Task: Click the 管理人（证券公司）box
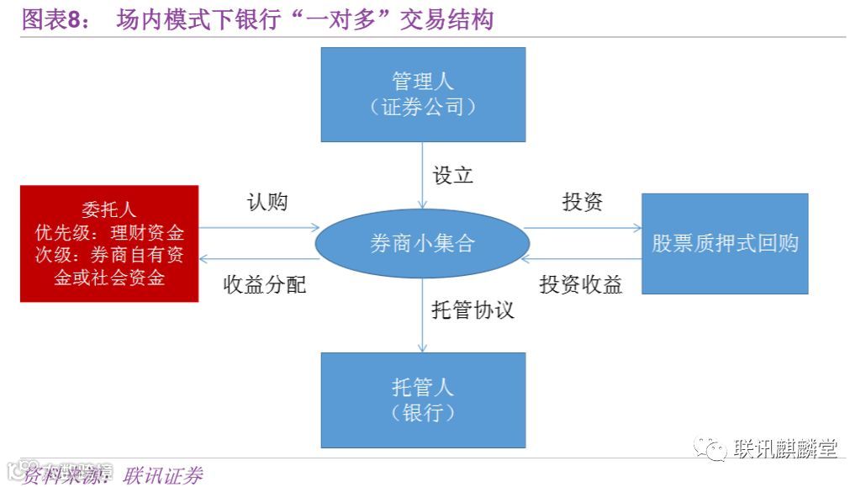click(x=423, y=94)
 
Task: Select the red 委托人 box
click(x=109, y=243)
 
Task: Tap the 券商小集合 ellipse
click(x=422, y=244)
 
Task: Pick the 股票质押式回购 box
click(x=725, y=244)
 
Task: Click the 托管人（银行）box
click(x=423, y=400)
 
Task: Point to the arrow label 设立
click(x=453, y=175)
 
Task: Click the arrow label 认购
click(x=267, y=202)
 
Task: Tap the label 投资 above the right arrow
click(x=583, y=202)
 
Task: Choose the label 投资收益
click(x=581, y=284)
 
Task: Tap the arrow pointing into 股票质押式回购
click(x=583, y=227)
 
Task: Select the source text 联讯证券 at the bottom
click(x=162, y=476)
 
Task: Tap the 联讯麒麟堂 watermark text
click(x=784, y=448)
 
